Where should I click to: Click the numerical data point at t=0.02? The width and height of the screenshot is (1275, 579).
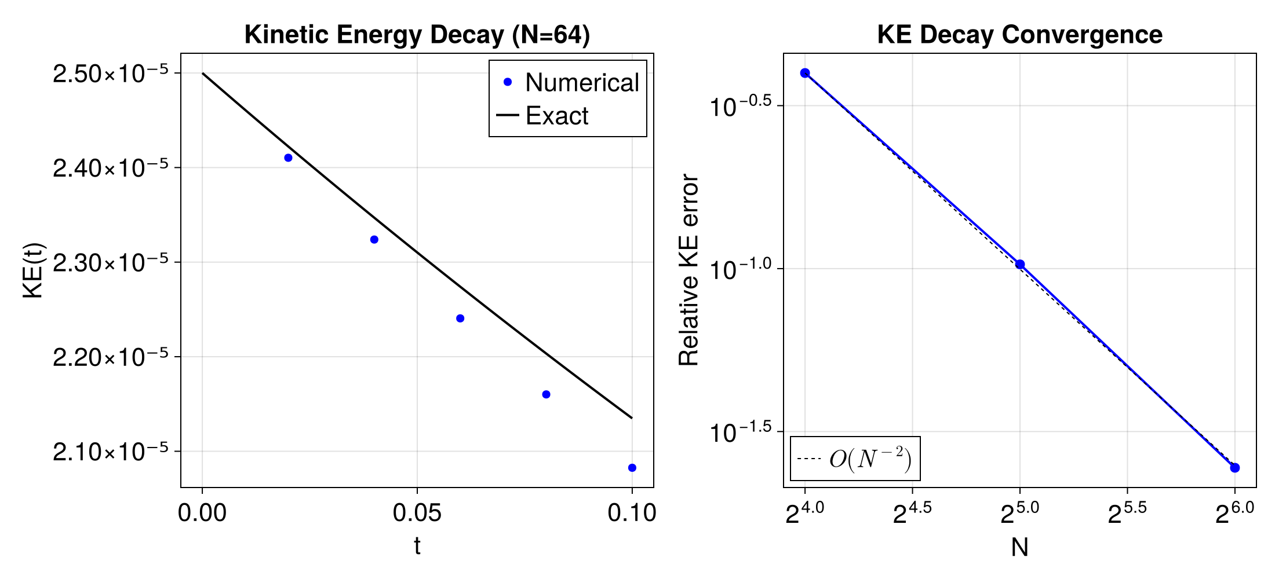[288, 157]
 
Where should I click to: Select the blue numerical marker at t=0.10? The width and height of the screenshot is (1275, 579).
[632, 468]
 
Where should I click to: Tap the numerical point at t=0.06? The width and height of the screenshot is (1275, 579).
[460, 318]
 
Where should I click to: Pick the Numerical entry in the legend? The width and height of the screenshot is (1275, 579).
[568, 83]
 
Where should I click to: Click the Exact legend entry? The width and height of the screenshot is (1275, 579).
[556, 116]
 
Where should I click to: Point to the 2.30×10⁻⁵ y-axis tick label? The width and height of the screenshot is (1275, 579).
[110, 263]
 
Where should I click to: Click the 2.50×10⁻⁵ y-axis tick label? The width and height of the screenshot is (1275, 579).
[110, 74]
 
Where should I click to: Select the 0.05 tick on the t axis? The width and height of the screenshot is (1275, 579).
[417, 513]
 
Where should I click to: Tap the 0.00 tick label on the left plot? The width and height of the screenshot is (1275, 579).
[202, 513]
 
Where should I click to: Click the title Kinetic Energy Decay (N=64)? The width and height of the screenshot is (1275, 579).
[417, 35]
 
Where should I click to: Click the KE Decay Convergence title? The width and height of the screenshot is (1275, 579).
[1019, 35]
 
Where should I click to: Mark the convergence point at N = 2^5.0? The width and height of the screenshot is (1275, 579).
[1020, 265]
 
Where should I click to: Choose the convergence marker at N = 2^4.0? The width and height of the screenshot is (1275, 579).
[805, 73]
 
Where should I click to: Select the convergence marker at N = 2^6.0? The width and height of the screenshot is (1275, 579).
[1234, 468]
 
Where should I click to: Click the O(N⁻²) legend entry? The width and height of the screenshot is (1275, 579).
[855, 459]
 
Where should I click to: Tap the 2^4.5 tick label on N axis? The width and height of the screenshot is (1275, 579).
[912, 513]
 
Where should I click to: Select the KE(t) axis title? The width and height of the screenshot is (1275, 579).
[34, 270]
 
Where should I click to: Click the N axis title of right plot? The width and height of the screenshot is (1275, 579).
[1019, 547]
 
